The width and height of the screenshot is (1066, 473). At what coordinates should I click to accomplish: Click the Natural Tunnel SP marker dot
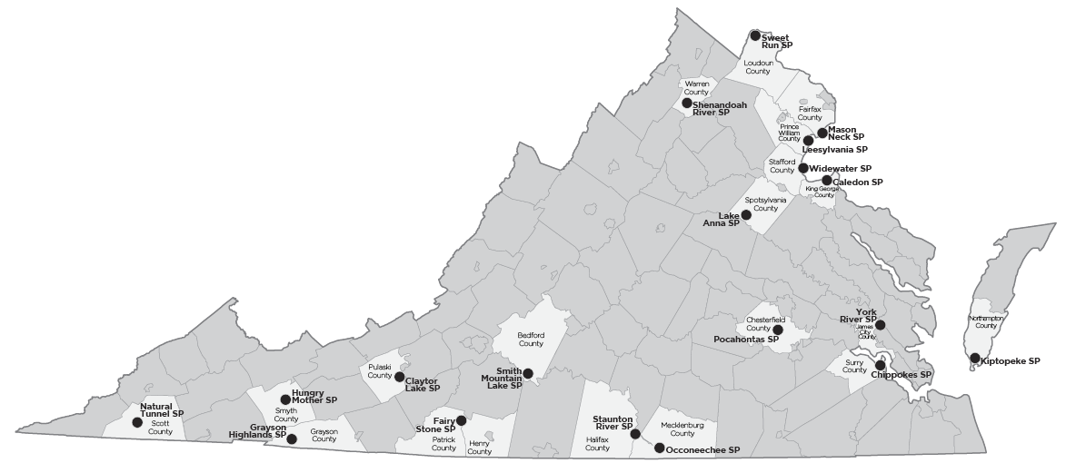(x=137, y=422)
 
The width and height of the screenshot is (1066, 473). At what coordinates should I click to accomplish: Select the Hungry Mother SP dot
(x=285, y=399)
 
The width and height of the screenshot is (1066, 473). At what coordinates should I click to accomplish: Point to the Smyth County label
(x=286, y=415)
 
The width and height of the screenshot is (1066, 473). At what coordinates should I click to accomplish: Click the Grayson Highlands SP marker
(x=292, y=439)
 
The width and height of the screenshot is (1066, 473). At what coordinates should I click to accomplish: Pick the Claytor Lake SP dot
(x=400, y=377)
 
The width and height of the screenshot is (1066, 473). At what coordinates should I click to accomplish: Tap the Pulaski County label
(x=380, y=370)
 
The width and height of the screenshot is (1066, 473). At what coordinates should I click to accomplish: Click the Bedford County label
(x=531, y=340)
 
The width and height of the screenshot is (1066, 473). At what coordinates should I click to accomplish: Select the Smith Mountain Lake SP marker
(x=528, y=373)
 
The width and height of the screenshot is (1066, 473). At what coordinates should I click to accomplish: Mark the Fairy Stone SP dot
(x=461, y=420)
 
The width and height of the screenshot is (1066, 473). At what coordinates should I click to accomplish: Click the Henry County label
(x=479, y=447)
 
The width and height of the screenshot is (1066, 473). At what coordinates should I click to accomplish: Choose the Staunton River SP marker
(x=636, y=434)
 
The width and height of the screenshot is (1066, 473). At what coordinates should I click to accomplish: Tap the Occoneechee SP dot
(x=659, y=448)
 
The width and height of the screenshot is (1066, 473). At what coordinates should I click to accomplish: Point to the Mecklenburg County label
(x=676, y=429)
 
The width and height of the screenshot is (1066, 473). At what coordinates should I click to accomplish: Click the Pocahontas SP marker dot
(x=777, y=329)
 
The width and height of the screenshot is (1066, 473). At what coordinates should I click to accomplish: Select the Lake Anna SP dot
(x=746, y=215)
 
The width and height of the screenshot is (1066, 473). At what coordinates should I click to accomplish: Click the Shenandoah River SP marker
(x=687, y=103)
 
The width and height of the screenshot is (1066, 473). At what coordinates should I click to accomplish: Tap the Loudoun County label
(x=758, y=67)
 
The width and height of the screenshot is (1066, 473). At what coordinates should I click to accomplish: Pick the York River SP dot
(x=880, y=324)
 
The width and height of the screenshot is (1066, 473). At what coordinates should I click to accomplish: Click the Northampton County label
(x=984, y=322)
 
